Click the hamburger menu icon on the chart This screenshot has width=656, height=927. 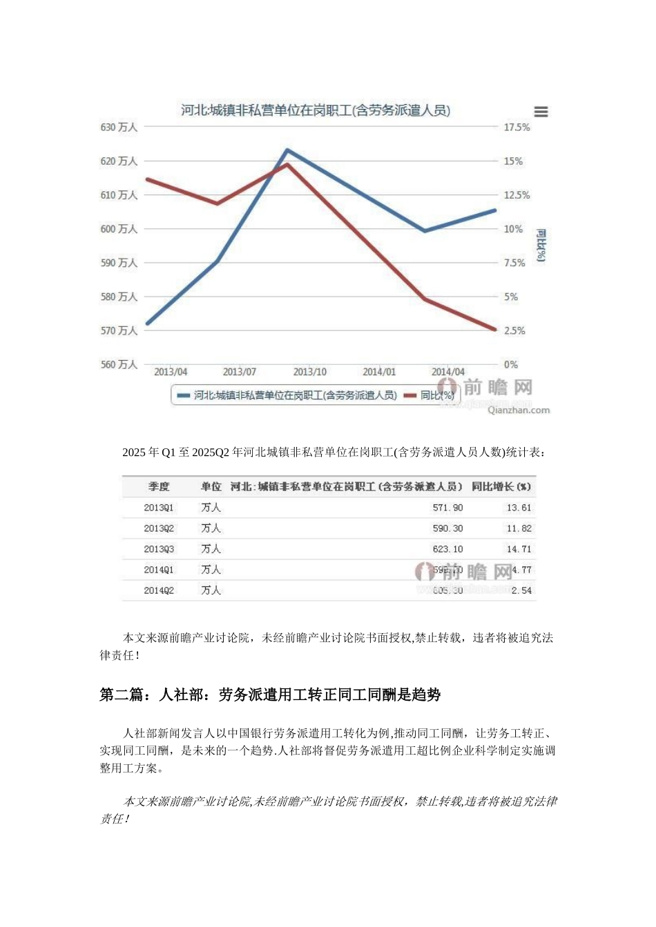pos(541,112)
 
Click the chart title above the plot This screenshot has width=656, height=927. pos(315,110)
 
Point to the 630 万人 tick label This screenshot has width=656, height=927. pos(119,128)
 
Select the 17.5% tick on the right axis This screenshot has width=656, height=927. pos(517,128)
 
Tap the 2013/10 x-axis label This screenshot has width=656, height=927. pos(309,372)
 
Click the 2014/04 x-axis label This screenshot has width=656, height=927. pos(448,372)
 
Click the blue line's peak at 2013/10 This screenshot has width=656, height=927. pos(287,150)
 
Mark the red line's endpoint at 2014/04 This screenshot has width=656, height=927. pos(495,330)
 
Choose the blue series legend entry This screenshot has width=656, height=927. pos(287,395)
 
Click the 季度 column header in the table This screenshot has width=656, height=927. pos(159,487)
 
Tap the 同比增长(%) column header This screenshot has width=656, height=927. pos(501,487)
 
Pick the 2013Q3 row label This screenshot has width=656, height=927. pos(159,549)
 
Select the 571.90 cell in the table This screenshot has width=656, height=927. pos(447,508)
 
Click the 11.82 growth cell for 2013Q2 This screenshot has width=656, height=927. pos(519,528)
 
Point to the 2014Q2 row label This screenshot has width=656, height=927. pos(159,590)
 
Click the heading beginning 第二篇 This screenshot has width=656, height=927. pos(270,695)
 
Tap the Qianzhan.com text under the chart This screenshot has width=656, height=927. pos(519,410)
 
